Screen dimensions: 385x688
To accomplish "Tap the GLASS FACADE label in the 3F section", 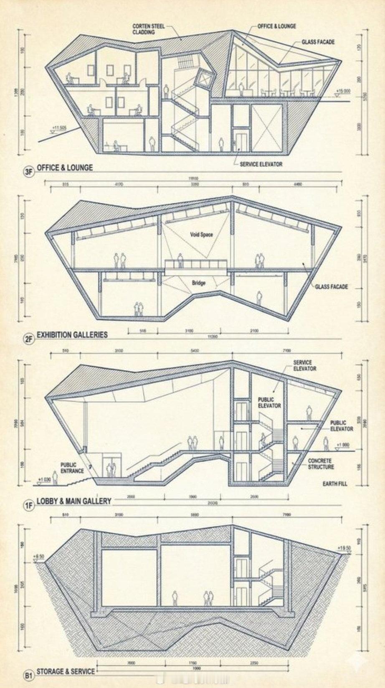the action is [x=318, y=42].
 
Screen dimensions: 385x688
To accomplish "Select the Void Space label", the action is [x=201, y=235].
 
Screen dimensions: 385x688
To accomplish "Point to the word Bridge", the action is [x=199, y=283].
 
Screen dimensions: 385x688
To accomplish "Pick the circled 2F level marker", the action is [x=28, y=339].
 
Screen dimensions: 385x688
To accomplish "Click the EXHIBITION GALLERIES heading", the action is [x=72, y=335].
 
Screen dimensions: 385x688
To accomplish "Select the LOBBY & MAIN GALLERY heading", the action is [x=73, y=501].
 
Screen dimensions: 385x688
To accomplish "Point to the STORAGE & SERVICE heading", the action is [x=66, y=672].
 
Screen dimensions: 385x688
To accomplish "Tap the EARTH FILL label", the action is [x=334, y=484].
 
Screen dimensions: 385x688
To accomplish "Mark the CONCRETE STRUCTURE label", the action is [x=321, y=464].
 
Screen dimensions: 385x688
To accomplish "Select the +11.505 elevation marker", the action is [x=59, y=127].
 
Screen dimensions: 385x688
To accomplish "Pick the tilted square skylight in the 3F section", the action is [x=205, y=79].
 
